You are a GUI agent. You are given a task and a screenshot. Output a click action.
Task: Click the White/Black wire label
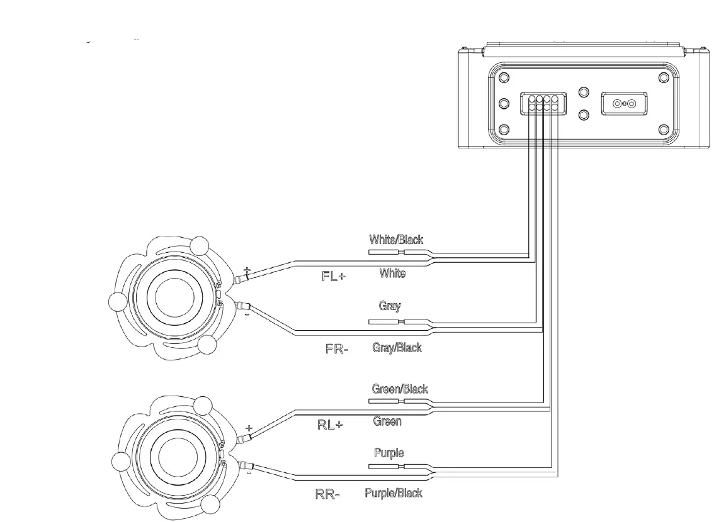[396, 240]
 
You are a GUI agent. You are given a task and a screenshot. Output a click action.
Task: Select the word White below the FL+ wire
[392, 274]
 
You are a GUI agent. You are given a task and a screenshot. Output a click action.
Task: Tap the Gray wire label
[389, 306]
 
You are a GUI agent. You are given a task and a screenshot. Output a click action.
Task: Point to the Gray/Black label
[397, 347]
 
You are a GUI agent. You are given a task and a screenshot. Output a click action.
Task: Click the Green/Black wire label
[400, 389]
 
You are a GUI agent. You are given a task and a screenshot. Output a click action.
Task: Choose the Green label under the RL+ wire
[387, 421]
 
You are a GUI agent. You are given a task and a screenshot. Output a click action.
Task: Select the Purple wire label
[388, 453]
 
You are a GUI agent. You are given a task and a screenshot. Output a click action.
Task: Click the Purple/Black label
[394, 493]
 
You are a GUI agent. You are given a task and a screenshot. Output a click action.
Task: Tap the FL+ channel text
[334, 277]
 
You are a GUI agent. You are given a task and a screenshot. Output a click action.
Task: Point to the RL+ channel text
[329, 425]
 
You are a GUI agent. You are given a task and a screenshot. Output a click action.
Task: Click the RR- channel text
[327, 494]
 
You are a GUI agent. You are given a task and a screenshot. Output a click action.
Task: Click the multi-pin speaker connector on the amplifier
[542, 103]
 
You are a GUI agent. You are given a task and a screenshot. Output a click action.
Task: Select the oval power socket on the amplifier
[623, 103]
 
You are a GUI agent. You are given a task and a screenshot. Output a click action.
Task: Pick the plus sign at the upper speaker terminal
[247, 270]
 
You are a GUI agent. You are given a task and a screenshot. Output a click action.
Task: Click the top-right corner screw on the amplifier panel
[662, 77]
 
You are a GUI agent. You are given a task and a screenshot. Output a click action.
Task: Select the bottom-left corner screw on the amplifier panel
[504, 130]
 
